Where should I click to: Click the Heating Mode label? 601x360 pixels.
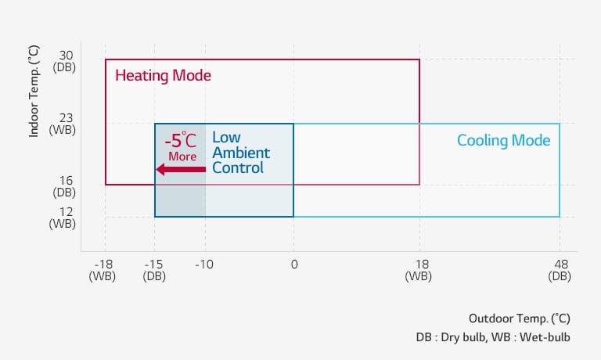pos(163,76)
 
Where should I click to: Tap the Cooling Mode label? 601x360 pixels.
pos(503,141)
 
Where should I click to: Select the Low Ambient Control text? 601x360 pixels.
pos(241,152)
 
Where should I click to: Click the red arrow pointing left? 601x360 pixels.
pos(181,169)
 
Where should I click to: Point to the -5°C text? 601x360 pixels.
pos(182,141)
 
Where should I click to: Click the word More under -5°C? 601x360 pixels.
pos(182,157)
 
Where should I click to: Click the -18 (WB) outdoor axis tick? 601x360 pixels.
pos(104,270)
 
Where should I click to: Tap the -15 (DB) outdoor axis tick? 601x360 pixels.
pos(154,270)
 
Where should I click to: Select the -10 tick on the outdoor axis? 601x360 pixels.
pos(205,265)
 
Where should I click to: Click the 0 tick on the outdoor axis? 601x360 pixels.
pos(293,265)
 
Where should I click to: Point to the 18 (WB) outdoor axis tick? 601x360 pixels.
pos(419,270)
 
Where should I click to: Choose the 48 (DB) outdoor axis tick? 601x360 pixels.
pos(560,270)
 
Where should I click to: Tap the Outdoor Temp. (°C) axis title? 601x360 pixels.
pos(519,319)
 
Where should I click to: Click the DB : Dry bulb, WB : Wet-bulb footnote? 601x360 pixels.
pos(492,337)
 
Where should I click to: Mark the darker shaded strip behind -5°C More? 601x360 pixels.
pos(180,196)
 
